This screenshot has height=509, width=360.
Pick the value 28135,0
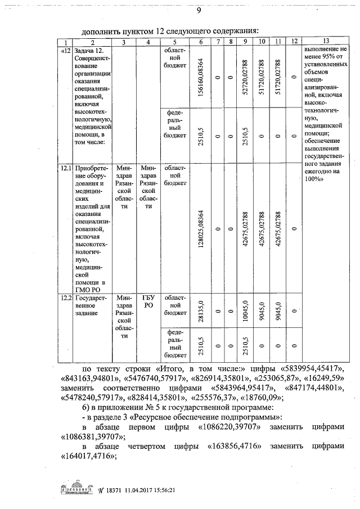point(201,310)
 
